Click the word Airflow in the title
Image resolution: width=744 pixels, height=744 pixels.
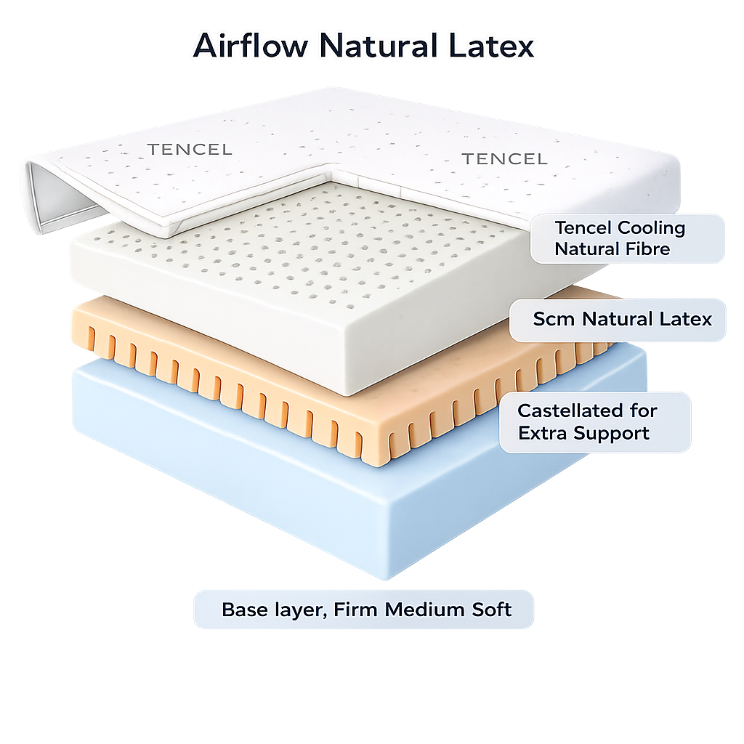pyautogui.click(x=251, y=46)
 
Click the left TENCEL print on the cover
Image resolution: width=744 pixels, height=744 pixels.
pyautogui.click(x=190, y=150)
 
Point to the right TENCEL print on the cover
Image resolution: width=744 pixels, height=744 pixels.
pyautogui.click(x=504, y=158)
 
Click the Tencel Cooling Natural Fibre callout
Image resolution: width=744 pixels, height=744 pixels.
pyautogui.click(x=626, y=238)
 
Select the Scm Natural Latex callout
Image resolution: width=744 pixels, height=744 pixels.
pyautogui.click(x=617, y=319)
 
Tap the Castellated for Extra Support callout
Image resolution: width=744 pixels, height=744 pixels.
pyautogui.click(x=594, y=422)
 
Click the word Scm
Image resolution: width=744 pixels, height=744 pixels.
pyautogui.click(x=549, y=319)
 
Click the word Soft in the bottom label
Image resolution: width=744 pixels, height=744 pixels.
pyautogui.click(x=490, y=610)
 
